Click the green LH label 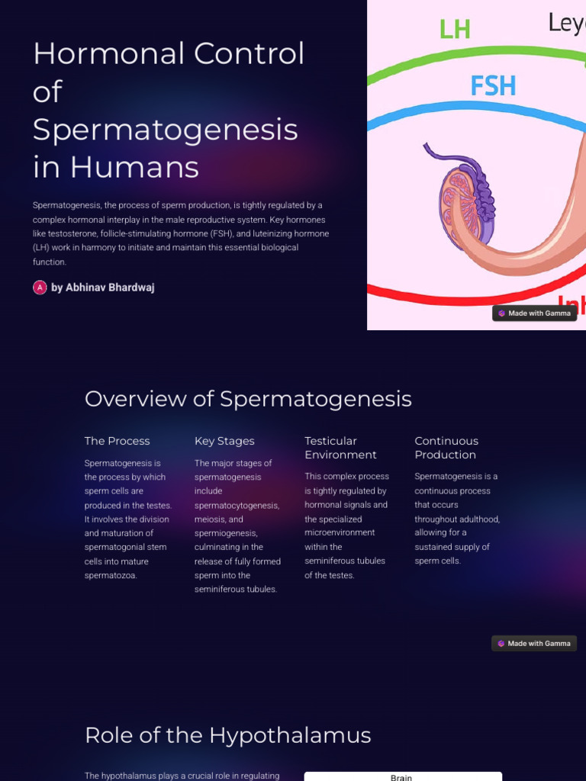coord(455,29)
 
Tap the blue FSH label coord(493,85)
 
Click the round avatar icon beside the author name coord(40,288)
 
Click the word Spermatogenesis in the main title coord(165,130)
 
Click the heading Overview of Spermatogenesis coord(248,398)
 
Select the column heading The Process coord(117,441)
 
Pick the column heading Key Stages coord(224,441)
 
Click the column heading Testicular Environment coord(340,448)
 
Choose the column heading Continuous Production coord(446,448)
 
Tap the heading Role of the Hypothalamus coord(227,735)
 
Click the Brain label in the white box coord(401,777)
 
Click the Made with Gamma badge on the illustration coord(534,313)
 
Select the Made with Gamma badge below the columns coord(534,644)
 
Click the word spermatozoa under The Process coord(111,575)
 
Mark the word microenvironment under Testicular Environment coord(340,532)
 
